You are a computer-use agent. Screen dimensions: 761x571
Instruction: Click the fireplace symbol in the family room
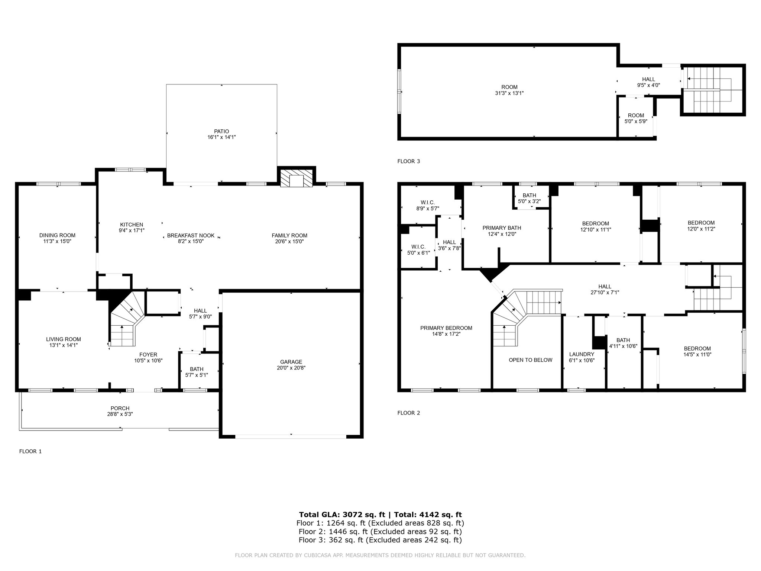click(297, 178)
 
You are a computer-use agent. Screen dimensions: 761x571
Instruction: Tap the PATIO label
click(221, 131)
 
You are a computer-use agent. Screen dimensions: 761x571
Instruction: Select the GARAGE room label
click(291, 362)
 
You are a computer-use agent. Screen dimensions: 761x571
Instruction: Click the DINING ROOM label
click(57, 235)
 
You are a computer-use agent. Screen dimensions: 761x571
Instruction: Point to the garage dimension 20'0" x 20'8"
click(291, 368)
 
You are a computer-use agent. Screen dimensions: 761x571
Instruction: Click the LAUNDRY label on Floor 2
click(582, 354)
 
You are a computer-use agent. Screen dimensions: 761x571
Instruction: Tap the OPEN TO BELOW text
click(531, 360)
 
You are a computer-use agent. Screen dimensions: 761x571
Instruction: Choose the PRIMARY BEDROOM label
click(446, 328)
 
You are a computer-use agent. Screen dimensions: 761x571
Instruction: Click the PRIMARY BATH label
click(502, 228)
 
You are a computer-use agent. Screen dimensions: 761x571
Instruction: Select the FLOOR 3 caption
click(409, 161)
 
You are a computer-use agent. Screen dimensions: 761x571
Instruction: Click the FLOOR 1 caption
click(30, 451)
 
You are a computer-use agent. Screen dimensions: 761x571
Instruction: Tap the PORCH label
click(120, 408)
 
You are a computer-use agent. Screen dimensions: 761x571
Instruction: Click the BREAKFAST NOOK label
click(191, 235)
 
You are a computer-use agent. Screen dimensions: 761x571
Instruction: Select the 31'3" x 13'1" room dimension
click(509, 93)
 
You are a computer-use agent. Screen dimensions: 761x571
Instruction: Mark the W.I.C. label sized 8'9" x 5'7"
click(428, 203)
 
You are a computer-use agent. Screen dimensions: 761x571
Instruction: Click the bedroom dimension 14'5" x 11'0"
click(697, 355)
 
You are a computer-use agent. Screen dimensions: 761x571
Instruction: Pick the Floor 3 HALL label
click(649, 79)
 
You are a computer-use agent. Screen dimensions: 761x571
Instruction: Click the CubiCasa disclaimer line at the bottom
click(380, 555)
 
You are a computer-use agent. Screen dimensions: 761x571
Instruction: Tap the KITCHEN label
click(132, 225)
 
